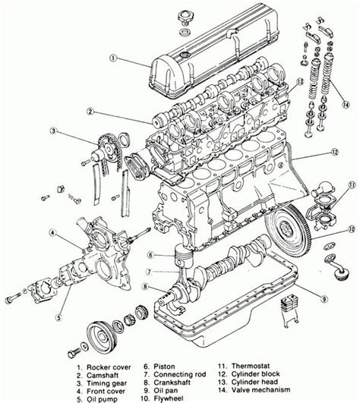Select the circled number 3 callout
[x=33, y=131]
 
